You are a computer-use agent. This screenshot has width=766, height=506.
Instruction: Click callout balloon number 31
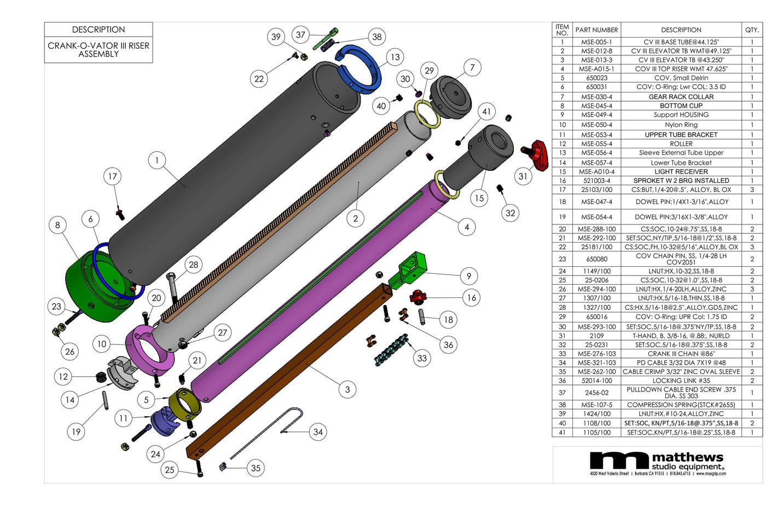click(523, 176)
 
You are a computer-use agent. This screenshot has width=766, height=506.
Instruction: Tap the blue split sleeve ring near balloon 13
click(358, 68)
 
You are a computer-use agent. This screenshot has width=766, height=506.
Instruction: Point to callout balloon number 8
click(57, 225)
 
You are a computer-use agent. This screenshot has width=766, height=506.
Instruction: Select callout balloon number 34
click(318, 432)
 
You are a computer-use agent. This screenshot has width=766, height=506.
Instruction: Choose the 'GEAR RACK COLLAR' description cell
click(681, 97)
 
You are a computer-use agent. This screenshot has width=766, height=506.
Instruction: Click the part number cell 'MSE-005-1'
click(596, 42)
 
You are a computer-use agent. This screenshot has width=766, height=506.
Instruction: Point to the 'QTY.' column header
click(752, 30)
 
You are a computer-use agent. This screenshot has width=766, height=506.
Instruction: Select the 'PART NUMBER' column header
click(596, 30)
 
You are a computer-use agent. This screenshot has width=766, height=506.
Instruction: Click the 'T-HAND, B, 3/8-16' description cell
click(681, 336)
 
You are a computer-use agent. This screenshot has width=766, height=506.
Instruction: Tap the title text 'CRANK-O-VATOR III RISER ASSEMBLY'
click(98, 50)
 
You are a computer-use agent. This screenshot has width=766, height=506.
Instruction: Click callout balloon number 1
click(157, 160)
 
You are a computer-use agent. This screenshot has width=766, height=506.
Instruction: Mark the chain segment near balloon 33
click(391, 350)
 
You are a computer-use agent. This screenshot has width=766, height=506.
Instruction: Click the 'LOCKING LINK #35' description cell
click(681, 381)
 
